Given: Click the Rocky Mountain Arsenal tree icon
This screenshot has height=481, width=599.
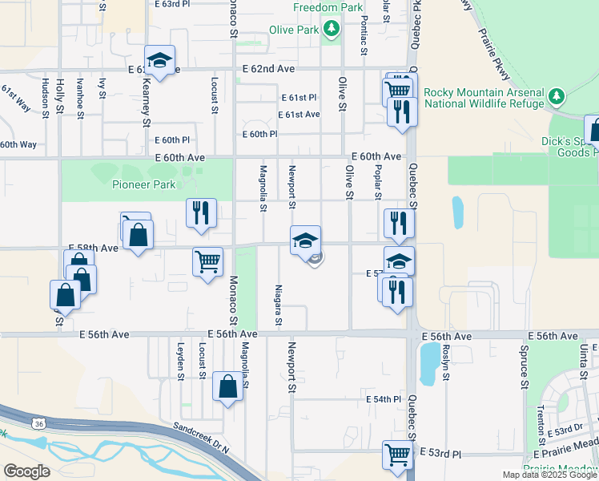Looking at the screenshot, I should [x=557, y=98].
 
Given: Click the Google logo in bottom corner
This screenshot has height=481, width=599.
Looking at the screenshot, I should [x=26, y=471].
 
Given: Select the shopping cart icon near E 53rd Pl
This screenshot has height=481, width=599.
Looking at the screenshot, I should [x=397, y=454].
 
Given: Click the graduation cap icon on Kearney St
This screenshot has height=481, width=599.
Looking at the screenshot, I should [x=160, y=61].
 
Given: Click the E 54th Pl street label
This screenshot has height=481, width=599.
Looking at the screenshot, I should [x=383, y=399].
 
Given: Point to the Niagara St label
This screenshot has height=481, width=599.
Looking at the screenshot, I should [x=278, y=307].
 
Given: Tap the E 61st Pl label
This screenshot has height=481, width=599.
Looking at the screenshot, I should [x=299, y=97].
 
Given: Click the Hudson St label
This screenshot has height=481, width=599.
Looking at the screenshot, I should [x=46, y=97].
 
